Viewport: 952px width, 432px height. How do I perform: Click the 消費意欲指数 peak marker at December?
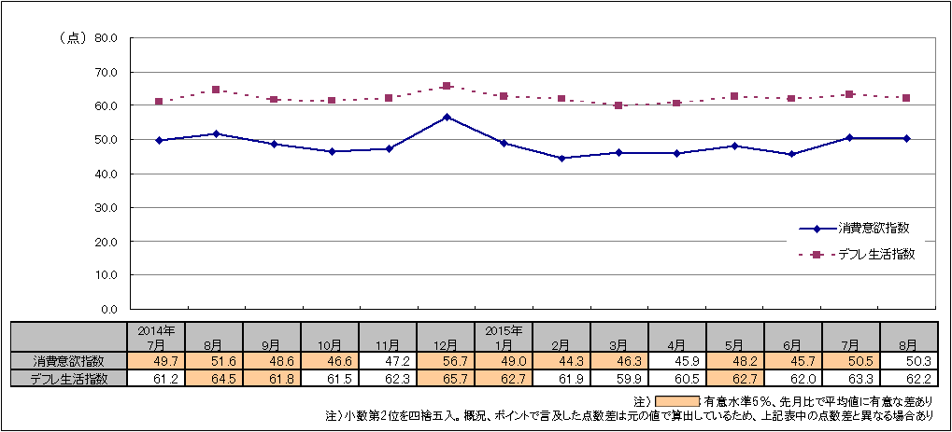pyautogui.click(x=447, y=117)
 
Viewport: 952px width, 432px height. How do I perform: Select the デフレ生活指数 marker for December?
pyautogui.click(x=447, y=86)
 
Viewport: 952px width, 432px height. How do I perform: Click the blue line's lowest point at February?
pyautogui.click(x=561, y=158)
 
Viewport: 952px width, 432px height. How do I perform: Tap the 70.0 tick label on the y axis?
pyautogui.click(x=104, y=72)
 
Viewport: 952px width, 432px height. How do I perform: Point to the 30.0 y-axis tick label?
pyautogui.click(x=104, y=207)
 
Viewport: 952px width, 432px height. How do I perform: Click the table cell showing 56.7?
pyautogui.click(x=447, y=361)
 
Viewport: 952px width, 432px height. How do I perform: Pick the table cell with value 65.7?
pyautogui.click(x=447, y=378)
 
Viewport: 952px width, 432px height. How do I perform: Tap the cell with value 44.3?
pyautogui.click(x=561, y=361)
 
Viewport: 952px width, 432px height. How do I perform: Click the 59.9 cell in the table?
pyautogui.click(x=620, y=378)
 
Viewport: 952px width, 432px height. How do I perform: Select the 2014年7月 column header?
pyautogui.click(x=156, y=337)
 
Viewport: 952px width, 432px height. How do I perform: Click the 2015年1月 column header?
pyautogui.click(x=504, y=337)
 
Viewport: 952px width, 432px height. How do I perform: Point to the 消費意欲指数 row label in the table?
pyautogui.click(x=69, y=361)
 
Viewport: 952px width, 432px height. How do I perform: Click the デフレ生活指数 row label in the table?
pyautogui.click(x=69, y=378)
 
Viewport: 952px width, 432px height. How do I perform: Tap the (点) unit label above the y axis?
pyautogui.click(x=72, y=38)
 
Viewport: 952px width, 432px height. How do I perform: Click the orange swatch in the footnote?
pyautogui.click(x=670, y=401)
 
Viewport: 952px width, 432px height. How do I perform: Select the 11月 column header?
pyautogui.click(x=388, y=343)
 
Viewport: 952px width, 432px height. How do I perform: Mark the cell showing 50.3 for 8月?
pyautogui.click(x=909, y=361)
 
